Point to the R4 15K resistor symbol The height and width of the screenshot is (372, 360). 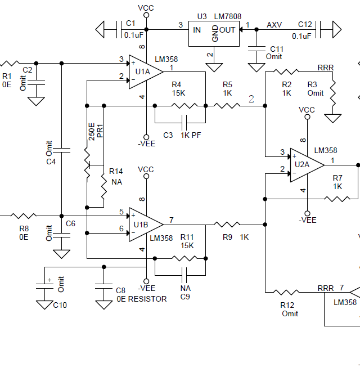click(184, 105)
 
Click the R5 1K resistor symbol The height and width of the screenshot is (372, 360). click(227, 105)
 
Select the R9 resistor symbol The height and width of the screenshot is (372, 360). click(227, 224)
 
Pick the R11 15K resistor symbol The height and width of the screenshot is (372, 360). click(184, 258)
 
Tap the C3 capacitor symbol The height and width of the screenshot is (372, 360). click(184, 122)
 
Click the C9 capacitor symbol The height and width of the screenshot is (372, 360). click(184, 275)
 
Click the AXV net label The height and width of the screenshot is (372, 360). click(274, 24)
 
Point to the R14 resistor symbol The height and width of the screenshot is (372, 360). click(104, 190)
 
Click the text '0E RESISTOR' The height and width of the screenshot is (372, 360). click(141, 299)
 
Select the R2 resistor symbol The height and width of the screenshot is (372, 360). click(286, 71)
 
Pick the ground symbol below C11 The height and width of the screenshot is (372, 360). click(256, 68)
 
